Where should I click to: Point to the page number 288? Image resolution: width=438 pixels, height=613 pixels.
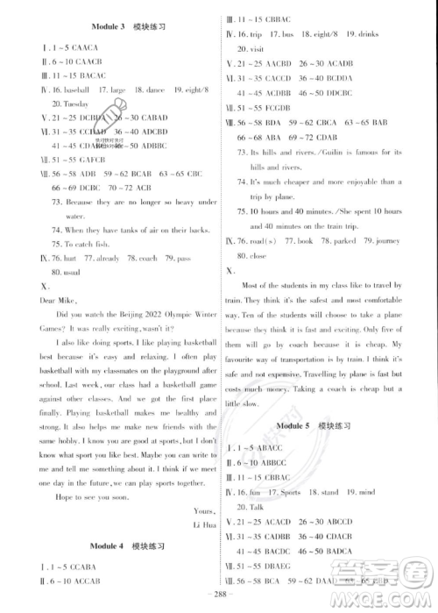coord(218,603)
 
